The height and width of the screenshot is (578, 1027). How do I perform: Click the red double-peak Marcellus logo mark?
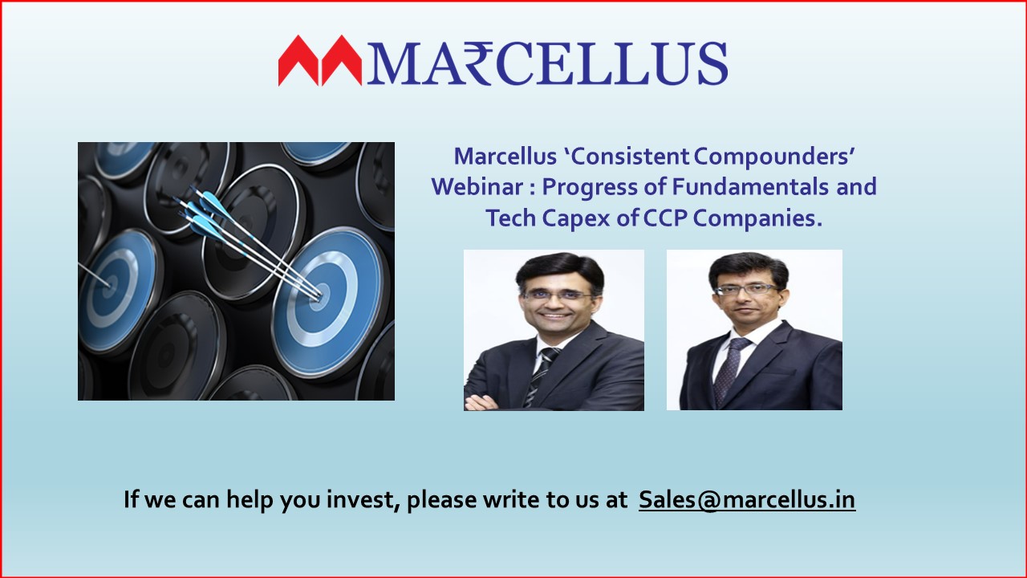(319, 60)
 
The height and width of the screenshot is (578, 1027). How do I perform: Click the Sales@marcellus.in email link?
(747, 499)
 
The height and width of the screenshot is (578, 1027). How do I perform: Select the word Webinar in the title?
(477, 187)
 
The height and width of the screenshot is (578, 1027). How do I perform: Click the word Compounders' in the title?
(773, 157)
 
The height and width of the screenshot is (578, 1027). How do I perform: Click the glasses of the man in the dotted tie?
(747, 290)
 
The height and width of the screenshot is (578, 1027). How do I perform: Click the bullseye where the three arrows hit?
(319, 296)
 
